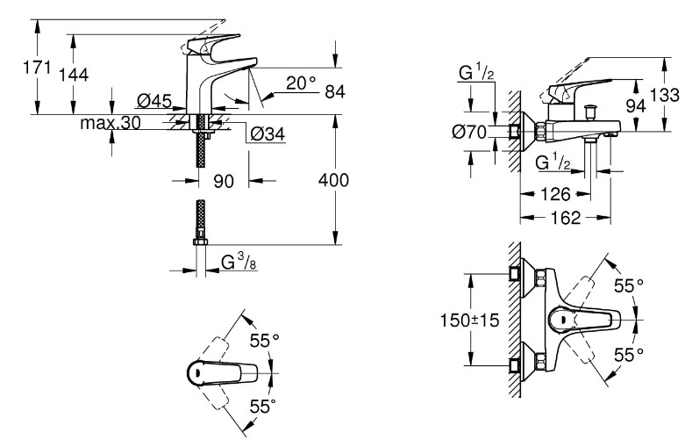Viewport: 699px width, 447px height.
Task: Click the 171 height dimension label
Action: coord(37,68)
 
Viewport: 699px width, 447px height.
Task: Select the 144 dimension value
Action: coord(74,75)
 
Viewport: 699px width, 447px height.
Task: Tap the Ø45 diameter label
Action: coord(154,101)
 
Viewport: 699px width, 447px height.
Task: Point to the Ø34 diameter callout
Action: coord(267,133)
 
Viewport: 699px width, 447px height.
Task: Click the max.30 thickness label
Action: coord(111,122)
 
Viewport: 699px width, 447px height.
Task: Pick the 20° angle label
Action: coord(301,83)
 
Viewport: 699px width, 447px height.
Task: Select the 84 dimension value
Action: coord(335,92)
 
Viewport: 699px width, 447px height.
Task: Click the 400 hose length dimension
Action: coord(333,180)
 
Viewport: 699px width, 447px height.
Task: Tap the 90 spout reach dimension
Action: coord(224,181)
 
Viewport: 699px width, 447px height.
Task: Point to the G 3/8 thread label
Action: coord(239,262)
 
